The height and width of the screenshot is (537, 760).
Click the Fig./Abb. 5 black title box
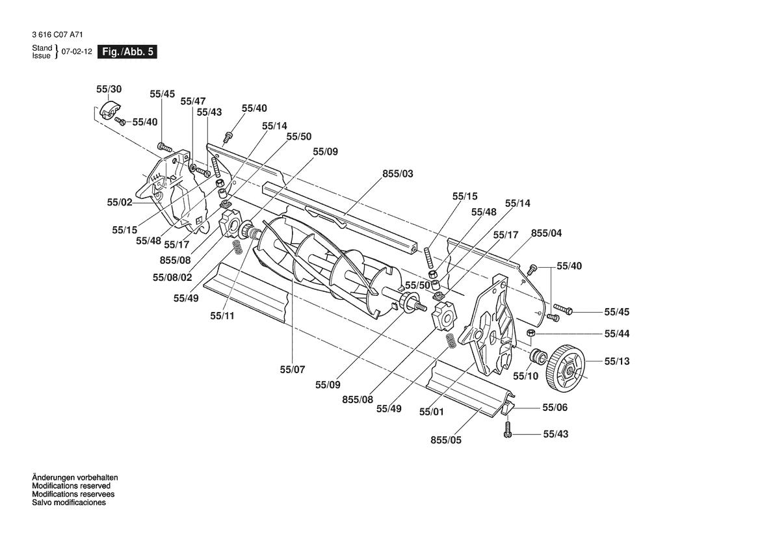point(127,52)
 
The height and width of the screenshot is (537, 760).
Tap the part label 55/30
point(109,89)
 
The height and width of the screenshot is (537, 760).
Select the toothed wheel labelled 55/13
point(566,368)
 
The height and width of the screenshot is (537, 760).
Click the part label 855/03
point(398,174)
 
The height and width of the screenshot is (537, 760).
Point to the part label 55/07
point(293,370)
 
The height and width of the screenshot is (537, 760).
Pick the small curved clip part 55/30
point(111,111)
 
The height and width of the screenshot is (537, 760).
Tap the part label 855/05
point(446,440)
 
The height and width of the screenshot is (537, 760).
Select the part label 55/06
point(555,408)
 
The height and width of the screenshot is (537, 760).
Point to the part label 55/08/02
point(172,278)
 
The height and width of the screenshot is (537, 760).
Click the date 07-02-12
point(77,52)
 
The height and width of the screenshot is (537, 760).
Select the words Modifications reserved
point(72,486)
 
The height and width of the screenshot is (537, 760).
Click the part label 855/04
point(547,233)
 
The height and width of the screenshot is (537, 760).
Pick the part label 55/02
point(120,202)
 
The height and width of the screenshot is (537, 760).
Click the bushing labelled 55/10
point(538,357)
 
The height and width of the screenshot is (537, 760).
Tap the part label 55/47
point(193,101)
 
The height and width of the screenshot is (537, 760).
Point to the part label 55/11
point(222,316)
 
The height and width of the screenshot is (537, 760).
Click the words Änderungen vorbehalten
point(75,477)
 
